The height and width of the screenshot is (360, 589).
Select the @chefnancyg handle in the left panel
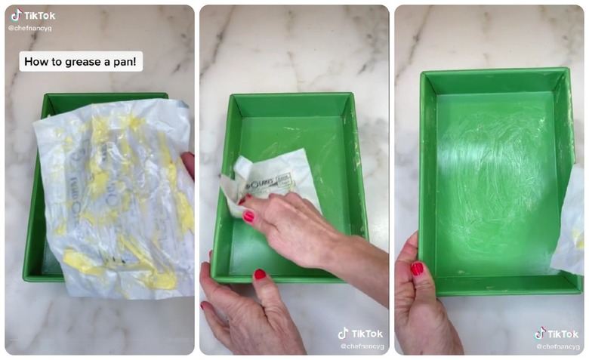[x=29, y=28]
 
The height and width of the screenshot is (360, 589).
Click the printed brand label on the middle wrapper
[x=273, y=182]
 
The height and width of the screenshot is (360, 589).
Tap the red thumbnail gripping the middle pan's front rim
[x=260, y=275]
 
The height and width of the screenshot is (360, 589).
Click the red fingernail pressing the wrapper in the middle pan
[x=248, y=216]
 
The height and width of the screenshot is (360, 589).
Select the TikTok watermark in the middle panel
[x=360, y=334]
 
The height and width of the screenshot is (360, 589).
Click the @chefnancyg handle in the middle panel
[x=361, y=346]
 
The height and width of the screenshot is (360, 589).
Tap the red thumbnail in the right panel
[x=416, y=269]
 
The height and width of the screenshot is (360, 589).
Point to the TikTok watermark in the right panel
[x=558, y=334]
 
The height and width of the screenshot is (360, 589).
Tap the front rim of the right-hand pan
[x=498, y=285]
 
